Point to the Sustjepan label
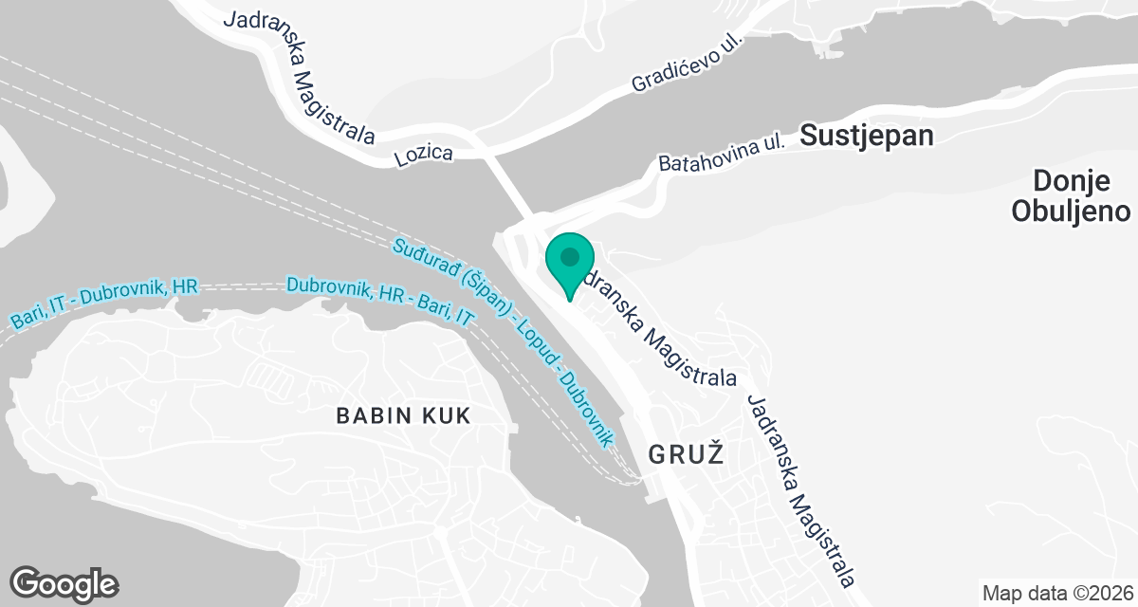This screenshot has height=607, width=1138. click(867, 135)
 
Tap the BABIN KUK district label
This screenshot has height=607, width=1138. click(404, 414)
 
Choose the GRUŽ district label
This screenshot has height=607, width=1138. click(686, 454)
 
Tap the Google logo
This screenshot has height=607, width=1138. click(64, 582)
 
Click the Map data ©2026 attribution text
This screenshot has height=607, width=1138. click(1057, 594)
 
